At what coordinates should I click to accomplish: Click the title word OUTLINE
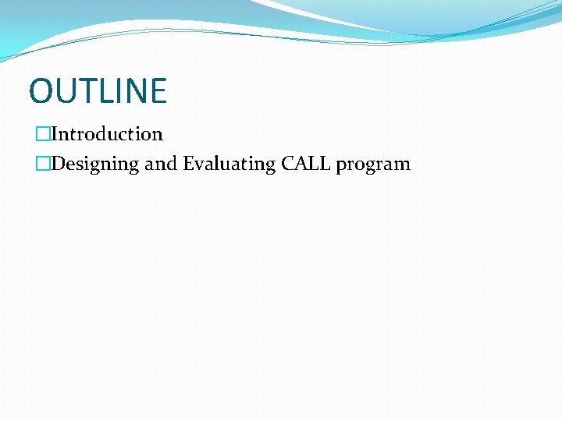(98, 90)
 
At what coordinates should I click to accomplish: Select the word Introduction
(107, 134)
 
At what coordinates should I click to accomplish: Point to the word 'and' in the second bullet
(161, 164)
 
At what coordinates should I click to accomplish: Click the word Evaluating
(229, 164)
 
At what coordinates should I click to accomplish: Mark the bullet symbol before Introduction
(42, 134)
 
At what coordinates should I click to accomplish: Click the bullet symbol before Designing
(42, 164)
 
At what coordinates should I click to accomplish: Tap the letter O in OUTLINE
(41, 90)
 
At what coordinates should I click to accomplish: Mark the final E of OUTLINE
(157, 90)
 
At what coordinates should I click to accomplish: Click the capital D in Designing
(58, 164)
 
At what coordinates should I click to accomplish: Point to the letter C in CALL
(288, 164)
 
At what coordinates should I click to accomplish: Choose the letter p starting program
(341, 165)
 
